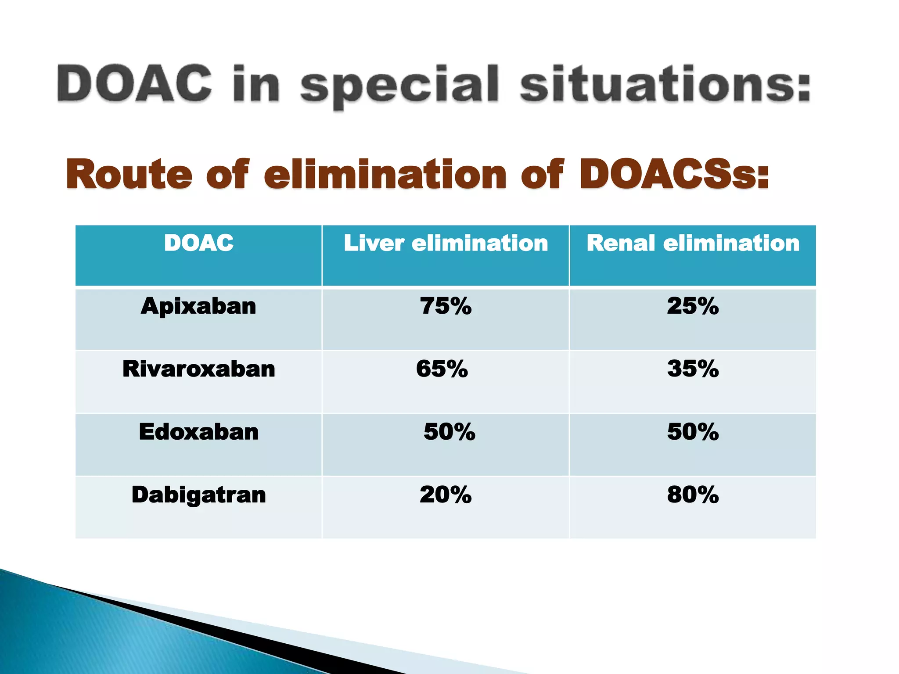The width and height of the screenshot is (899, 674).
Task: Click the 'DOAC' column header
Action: coord(198,243)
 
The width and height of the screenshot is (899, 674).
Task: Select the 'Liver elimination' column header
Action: coord(446,243)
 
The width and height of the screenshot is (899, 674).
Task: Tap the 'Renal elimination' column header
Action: coord(693,243)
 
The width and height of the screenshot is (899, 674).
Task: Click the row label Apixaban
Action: coord(198,306)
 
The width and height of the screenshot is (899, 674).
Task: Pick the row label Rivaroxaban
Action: coord(198,369)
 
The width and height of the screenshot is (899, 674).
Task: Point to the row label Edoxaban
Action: coord(198,432)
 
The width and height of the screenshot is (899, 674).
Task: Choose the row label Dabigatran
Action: coord(198,495)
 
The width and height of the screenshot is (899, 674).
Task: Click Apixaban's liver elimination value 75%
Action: coord(446,306)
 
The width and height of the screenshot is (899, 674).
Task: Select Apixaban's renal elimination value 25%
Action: coord(693,306)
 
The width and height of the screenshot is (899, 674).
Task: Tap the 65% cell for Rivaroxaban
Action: coord(442,369)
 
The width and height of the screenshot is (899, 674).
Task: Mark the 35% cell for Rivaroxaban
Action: coord(693,369)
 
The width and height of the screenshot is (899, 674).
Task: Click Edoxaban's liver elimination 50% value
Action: coord(449,432)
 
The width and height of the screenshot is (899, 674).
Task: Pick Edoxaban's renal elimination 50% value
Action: coord(693,432)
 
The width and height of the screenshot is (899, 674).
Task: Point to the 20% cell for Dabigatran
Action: coord(446,495)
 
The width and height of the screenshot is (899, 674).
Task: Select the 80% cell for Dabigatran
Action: coord(693,495)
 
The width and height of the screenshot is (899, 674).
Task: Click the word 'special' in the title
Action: coord(399,86)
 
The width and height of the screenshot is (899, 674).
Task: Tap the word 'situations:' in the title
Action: coord(665,83)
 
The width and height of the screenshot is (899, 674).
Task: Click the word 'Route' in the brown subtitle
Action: coord(129,175)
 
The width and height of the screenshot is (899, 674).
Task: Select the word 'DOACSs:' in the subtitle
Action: coord(674,175)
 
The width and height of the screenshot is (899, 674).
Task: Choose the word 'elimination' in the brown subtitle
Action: coord(385,175)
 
